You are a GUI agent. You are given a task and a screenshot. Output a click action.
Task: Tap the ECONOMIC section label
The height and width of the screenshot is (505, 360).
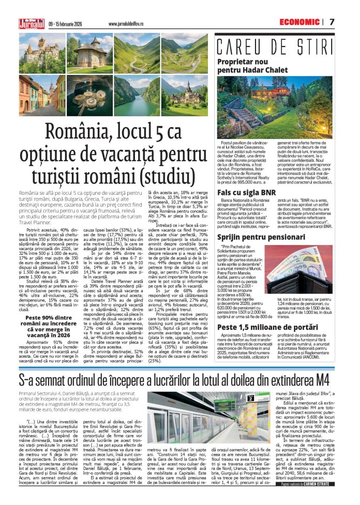point(299,22)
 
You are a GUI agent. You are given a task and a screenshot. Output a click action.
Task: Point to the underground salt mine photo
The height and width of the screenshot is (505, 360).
point(88,97)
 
